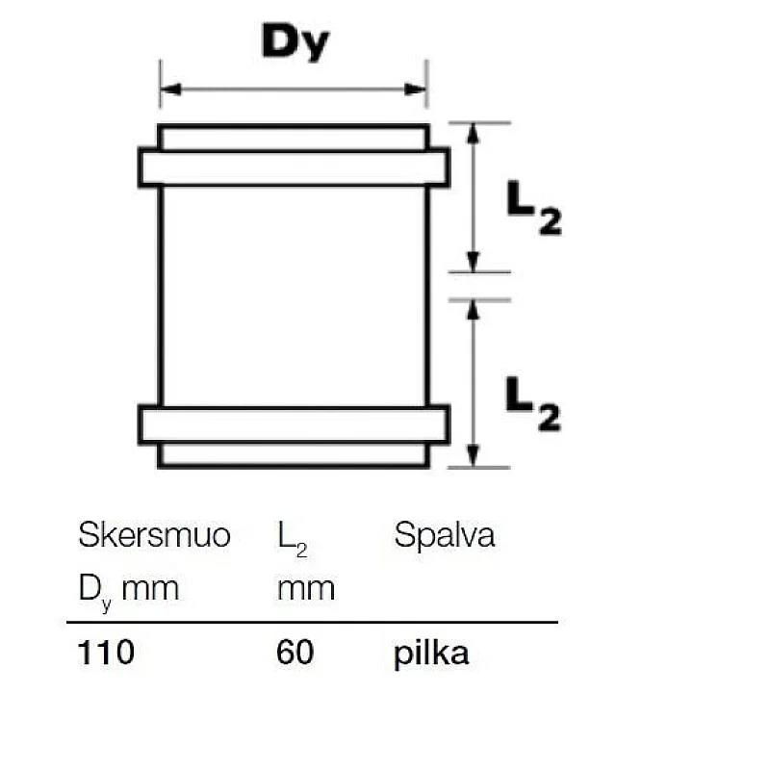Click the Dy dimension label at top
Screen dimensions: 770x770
click(x=295, y=42)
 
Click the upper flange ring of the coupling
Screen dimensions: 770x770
click(x=294, y=167)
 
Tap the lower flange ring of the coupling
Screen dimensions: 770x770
click(x=294, y=424)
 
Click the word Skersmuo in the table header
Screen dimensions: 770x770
click(x=154, y=535)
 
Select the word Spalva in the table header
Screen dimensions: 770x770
click(x=444, y=535)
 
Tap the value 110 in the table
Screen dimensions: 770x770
click(x=106, y=653)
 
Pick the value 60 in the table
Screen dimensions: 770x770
click(x=295, y=653)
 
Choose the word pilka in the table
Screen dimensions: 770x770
click(x=431, y=653)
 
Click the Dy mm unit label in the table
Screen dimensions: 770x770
click(x=128, y=588)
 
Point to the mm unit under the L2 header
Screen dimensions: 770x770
click(x=305, y=588)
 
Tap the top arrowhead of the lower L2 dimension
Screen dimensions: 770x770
click(x=472, y=308)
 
